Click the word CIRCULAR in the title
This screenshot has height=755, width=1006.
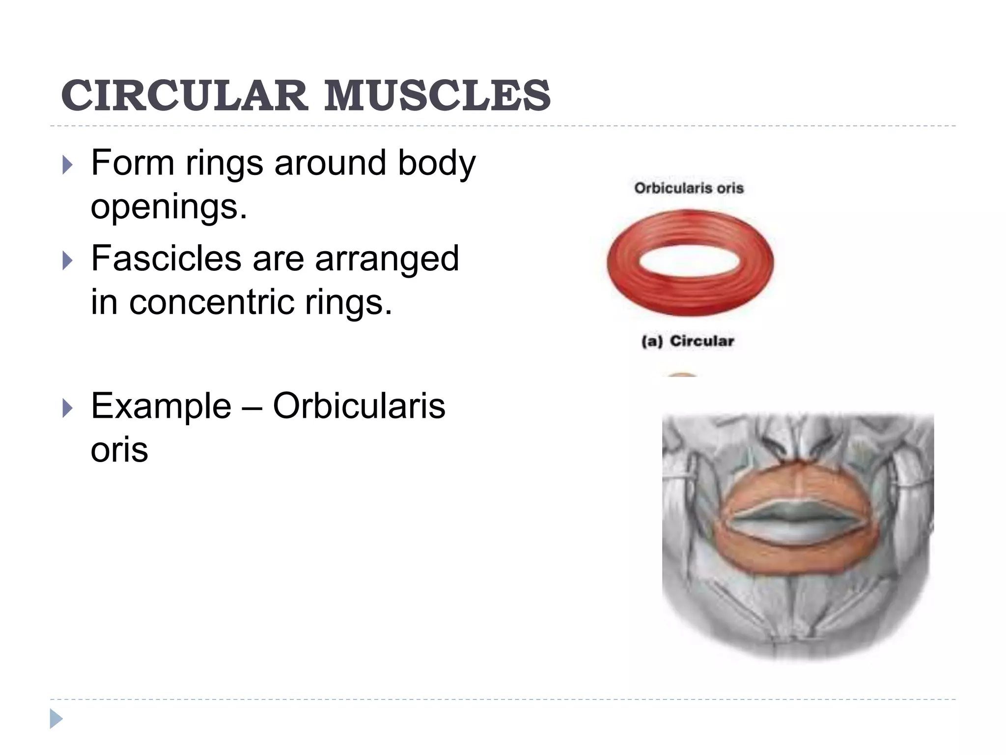[x=184, y=95]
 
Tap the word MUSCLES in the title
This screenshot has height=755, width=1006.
[x=437, y=95]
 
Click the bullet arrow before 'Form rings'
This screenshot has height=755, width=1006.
[x=68, y=165]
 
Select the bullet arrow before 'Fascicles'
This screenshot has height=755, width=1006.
[x=68, y=261]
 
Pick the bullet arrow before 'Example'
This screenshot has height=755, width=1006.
[x=68, y=408]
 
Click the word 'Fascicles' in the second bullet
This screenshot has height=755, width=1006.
[x=166, y=259]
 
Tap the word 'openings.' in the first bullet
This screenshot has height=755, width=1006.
[x=169, y=207]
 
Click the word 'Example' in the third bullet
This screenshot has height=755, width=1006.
[x=161, y=407]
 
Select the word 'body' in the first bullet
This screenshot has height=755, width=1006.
[x=437, y=163]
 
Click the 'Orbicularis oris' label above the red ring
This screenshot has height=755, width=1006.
[x=689, y=188]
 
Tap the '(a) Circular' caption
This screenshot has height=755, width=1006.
[x=688, y=341]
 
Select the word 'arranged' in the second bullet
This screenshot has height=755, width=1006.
[x=387, y=260]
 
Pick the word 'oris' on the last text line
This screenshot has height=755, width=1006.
[x=119, y=450]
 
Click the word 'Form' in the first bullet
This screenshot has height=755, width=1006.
[x=133, y=163]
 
